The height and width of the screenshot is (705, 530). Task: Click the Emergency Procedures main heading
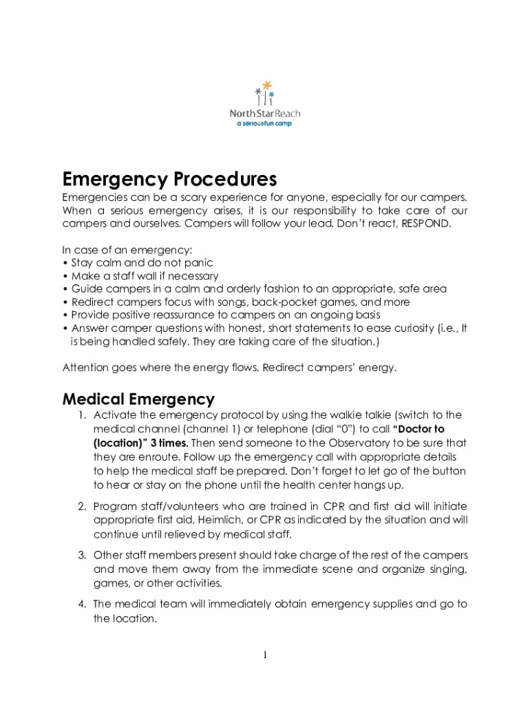tap(169, 180)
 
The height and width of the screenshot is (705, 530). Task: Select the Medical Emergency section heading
tap(138, 399)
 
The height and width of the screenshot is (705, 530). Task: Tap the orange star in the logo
tap(266, 85)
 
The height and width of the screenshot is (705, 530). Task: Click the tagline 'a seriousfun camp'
tap(264, 123)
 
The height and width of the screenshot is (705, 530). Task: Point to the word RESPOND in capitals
tap(426, 224)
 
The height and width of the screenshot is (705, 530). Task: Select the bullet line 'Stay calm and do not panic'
tap(141, 263)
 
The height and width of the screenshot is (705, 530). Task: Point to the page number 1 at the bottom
tap(264, 655)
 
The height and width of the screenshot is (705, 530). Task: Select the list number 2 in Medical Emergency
tap(81, 506)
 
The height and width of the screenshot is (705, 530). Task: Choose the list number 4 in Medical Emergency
tap(81, 604)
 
